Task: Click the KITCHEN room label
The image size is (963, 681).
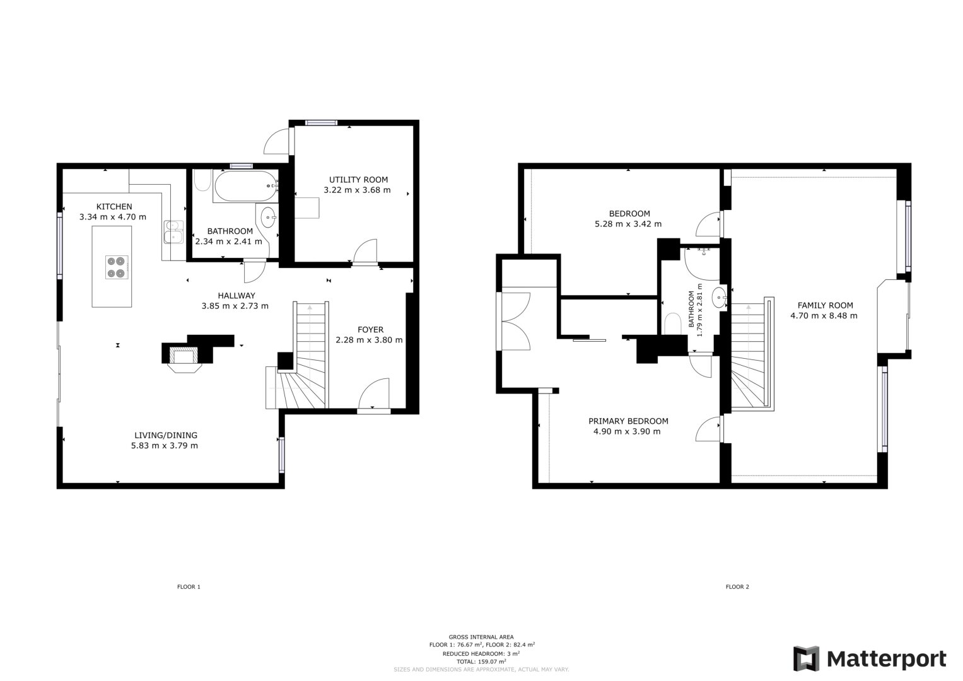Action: point(114,206)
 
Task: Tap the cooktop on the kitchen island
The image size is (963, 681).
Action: point(117,267)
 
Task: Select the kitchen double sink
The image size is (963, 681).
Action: point(173,231)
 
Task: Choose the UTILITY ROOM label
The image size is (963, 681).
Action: point(358,179)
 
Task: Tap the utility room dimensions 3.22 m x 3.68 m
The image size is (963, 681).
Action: point(357,190)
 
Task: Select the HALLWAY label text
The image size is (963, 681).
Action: point(236,295)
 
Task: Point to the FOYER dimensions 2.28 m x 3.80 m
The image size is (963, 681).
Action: point(370,340)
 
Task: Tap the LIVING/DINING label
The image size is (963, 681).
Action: point(165,435)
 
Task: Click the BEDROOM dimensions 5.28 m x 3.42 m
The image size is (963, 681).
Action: point(628,224)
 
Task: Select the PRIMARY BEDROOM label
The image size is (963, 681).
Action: point(628,421)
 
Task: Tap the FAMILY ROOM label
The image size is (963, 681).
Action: point(824,305)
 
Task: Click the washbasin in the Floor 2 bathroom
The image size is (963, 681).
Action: point(719,296)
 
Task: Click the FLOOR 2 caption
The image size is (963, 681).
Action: point(737,587)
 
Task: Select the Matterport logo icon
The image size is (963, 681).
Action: point(806,659)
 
